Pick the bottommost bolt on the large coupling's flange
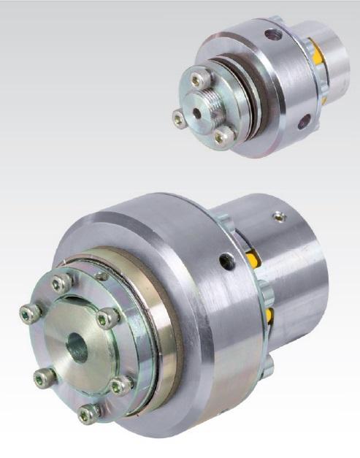[89, 414]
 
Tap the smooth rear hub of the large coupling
[299, 278]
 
